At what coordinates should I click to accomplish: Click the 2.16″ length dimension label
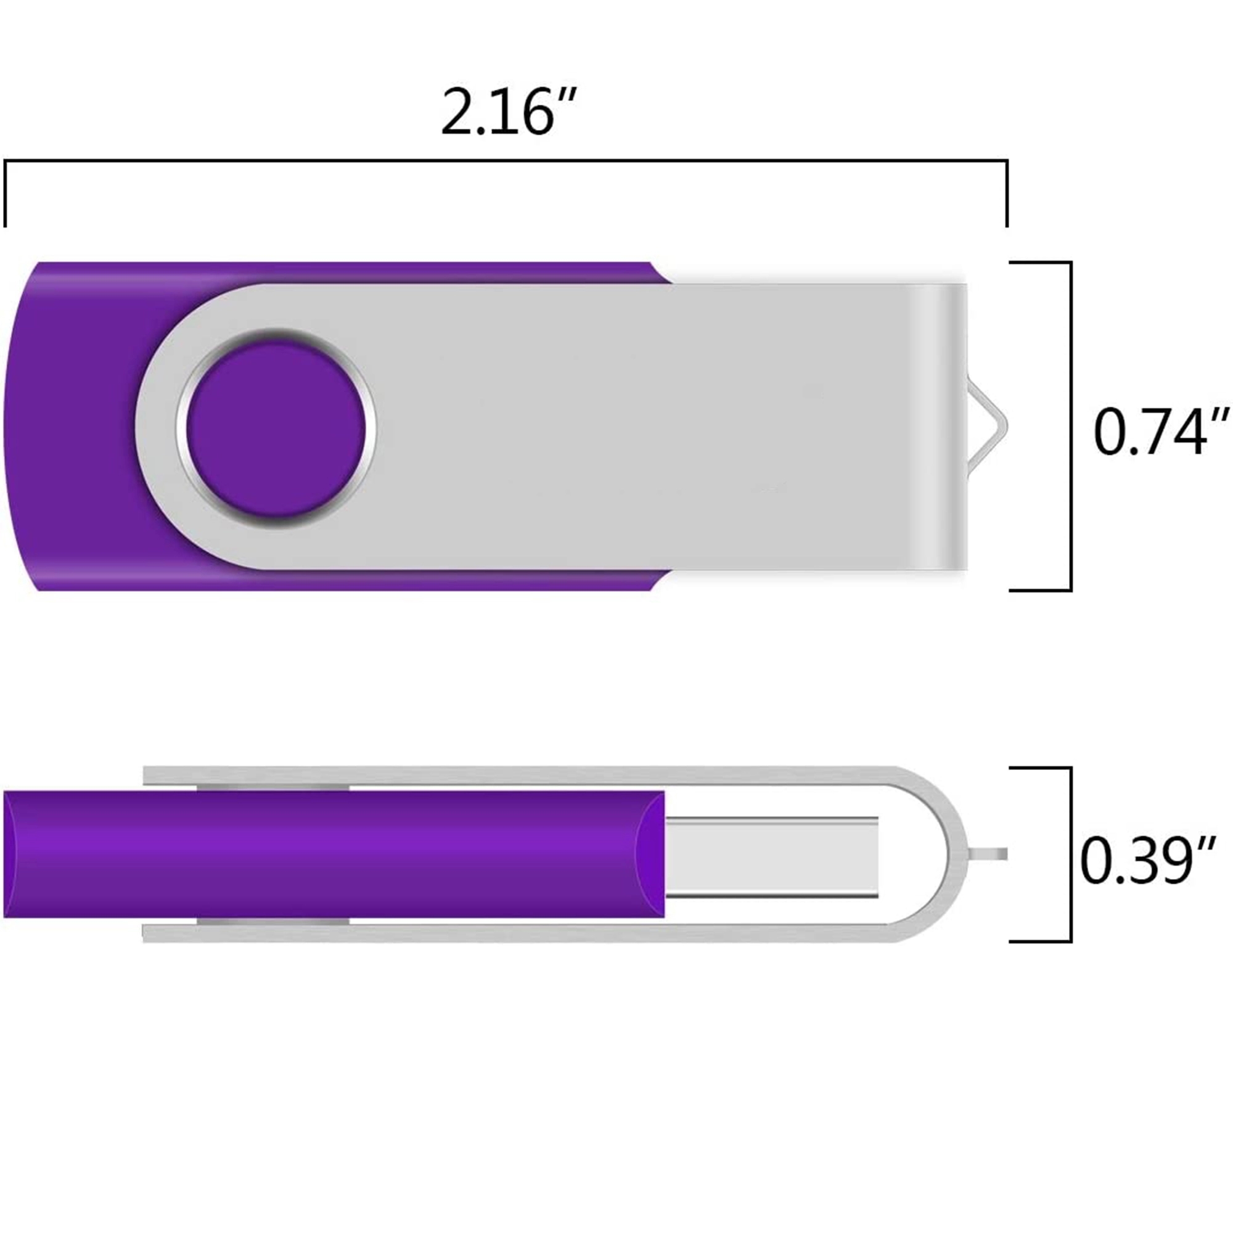click(509, 113)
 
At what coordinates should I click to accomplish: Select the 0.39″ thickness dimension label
click(1146, 862)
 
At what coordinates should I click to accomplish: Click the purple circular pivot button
click(276, 429)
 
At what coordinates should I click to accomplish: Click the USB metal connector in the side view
click(771, 857)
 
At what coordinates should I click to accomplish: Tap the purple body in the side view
click(332, 854)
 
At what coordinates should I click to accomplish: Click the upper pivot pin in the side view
click(273, 787)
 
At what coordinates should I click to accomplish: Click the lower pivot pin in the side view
click(273, 922)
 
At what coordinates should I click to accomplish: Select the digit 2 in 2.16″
click(457, 113)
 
